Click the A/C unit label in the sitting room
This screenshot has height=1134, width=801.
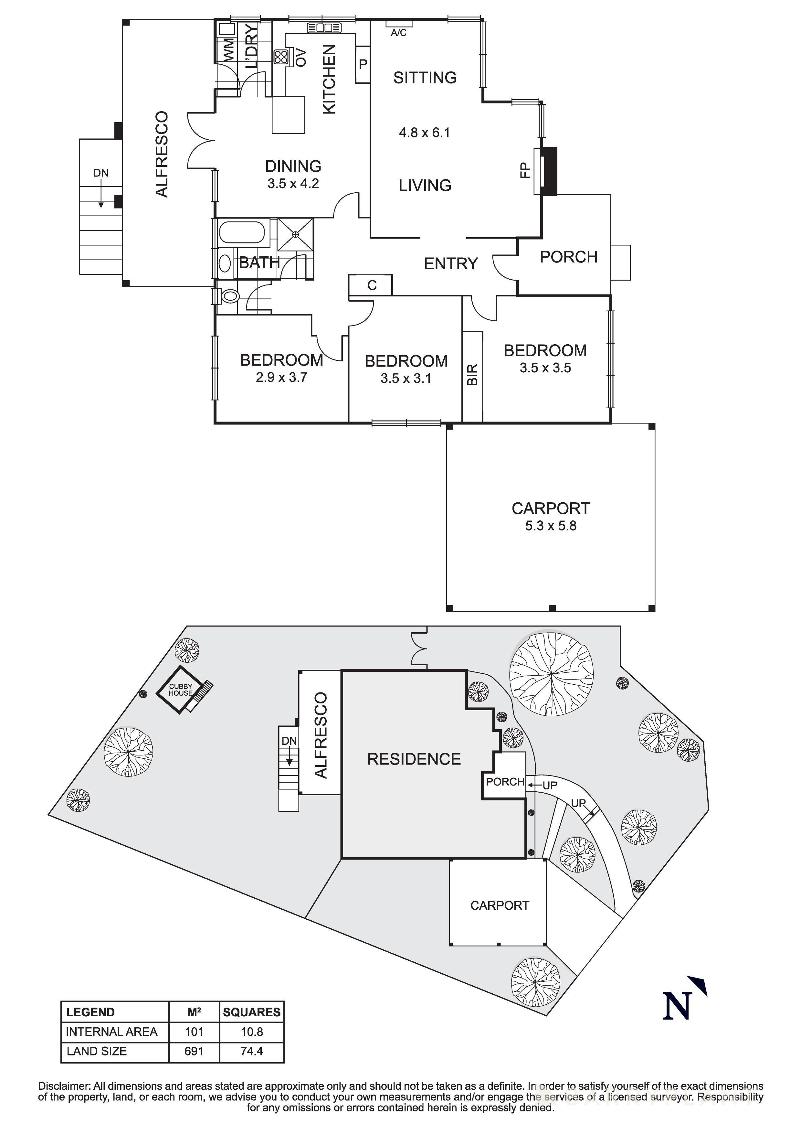pyautogui.click(x=399, y=33)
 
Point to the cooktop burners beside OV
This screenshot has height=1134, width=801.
pyautogui.click(x=281, y=57)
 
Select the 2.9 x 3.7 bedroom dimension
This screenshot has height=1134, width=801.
pyautogui.click(x=281, y=377)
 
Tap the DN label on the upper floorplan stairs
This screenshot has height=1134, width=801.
pyautogui.click(x=101, y=173)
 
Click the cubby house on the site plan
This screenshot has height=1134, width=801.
pyautogui.click(x=180, y=690)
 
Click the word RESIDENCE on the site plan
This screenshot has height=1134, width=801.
pyautogui.click(x=414, y=759)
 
